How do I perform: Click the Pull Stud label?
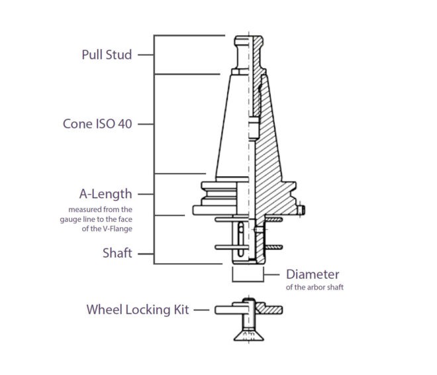pos(107,54)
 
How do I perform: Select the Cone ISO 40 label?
pos(97,124)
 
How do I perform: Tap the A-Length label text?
pos(106,194)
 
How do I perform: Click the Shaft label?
pos(117,253)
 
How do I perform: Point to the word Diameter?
pos(313,274)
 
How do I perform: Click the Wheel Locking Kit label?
pos(138,309)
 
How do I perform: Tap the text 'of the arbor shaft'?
pos(315,287)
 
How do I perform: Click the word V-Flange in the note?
pos(118,229)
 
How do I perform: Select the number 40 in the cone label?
pos(125,124)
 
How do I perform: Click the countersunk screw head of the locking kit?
pos(248,335)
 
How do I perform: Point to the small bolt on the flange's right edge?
pos(301,209)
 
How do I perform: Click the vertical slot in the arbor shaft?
pos(241,239)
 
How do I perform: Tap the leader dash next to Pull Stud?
pos(146,55)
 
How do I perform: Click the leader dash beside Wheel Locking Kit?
pos(201,310)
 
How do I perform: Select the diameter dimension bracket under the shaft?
pos(248,280)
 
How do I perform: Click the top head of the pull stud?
pos(248,40)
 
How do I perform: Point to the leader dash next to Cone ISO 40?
pos(146,124)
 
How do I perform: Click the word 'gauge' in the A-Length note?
pos(68,220)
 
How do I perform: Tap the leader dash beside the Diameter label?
pos(271,275)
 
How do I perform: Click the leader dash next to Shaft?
pos(146,254)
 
